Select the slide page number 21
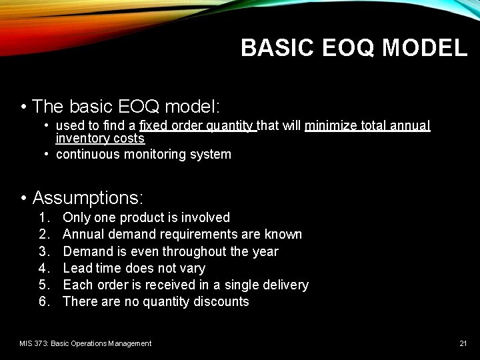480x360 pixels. [463, 343]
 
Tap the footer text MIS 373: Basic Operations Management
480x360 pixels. [85, 343]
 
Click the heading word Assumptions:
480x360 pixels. [88, 198]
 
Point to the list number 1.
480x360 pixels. [44, 217]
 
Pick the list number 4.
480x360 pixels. [44, 268]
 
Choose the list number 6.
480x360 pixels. [44, 301]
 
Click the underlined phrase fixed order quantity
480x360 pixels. [197, 125]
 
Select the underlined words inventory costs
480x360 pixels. [100, 139]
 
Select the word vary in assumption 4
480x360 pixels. [193, 268]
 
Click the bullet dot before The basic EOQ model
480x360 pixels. [23, 107]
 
